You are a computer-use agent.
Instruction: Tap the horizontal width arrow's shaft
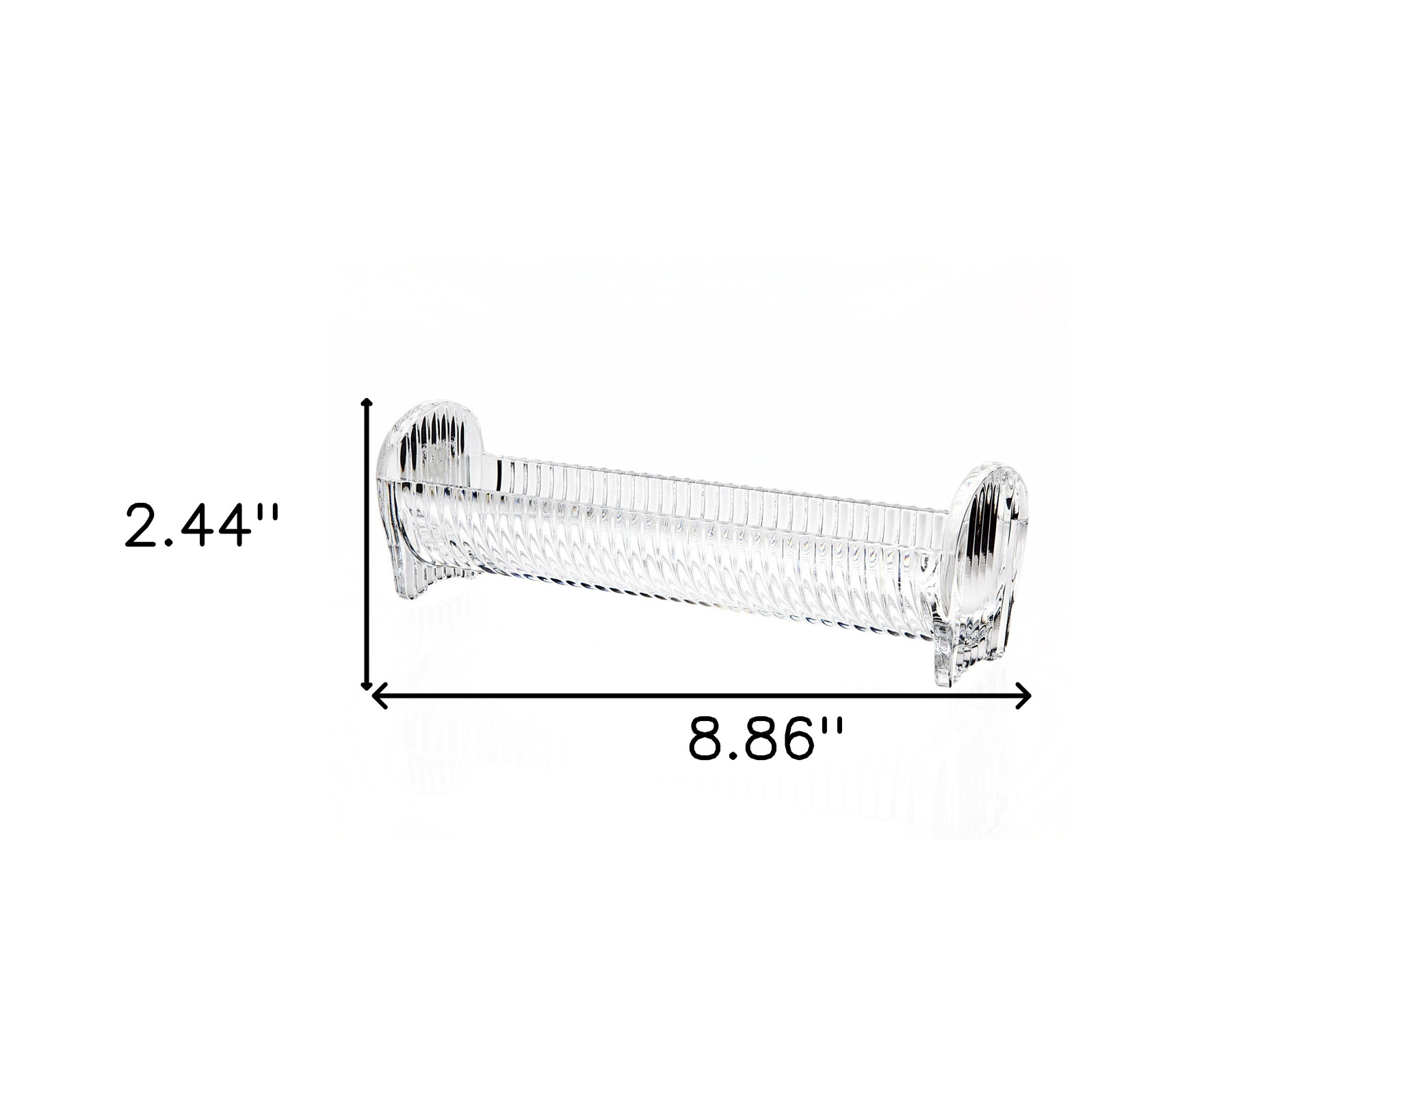pyautogui.click(x=701, y=696)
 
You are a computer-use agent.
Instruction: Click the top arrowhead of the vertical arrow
pyautogui.click(x=367, y=402)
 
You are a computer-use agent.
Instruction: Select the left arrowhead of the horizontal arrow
pyautogui.click(x=378, y=696)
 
